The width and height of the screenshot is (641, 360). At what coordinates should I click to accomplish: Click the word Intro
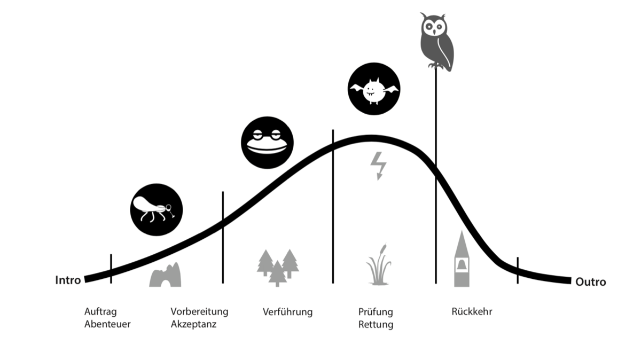[68, 280]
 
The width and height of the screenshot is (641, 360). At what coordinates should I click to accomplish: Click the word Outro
[591, 282]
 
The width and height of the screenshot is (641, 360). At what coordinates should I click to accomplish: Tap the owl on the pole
[436, 42]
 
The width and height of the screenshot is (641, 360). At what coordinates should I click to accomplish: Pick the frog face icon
[267, 143]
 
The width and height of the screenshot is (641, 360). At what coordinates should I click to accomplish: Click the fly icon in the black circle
[156, 210]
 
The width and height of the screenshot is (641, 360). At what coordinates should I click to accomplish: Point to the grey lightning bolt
[378, 166]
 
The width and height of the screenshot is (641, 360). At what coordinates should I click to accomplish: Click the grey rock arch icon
[165, 275]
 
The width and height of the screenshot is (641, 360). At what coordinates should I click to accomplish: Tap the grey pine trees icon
[278, 268]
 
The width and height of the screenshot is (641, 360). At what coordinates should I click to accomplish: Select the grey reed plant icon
[378, 264]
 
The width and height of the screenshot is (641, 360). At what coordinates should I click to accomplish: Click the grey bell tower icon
[462, 259]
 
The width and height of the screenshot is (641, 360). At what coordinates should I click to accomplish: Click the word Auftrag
[100, 312]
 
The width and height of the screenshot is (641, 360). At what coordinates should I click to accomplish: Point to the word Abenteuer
[107, 324]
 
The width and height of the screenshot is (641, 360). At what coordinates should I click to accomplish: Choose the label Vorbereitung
[199, 312]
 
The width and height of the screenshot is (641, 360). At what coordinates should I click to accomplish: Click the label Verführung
[287, 311]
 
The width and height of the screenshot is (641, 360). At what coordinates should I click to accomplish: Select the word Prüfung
[376, 312]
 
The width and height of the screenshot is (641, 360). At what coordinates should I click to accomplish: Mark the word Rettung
[376, 325]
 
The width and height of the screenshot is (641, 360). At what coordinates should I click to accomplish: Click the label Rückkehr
[472, 311]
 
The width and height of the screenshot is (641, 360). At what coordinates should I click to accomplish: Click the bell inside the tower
[462, 265]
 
